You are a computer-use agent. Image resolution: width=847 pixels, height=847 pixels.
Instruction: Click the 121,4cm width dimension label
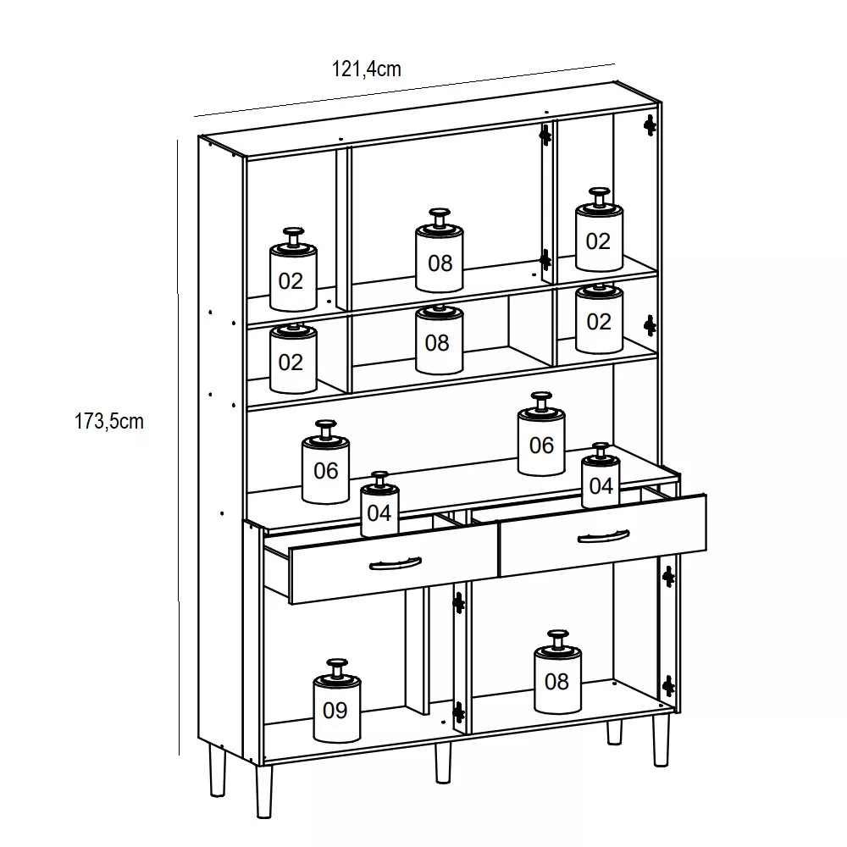pos(366,69)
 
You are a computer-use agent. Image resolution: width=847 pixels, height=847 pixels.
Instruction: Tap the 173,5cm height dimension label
pos(109,421)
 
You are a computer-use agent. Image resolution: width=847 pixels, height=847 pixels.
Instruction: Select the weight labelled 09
pos(336,700)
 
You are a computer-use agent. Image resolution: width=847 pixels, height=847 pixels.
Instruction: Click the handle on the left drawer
pos(396,563)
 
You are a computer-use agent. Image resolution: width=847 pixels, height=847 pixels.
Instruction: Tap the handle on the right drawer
pos(603,536)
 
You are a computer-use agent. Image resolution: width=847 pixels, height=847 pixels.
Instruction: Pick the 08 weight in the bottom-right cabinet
pos(557,672)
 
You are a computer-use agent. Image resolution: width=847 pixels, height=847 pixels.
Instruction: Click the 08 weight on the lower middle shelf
pos(439,340)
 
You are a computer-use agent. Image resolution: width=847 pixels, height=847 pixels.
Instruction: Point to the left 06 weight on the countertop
pos(325,462)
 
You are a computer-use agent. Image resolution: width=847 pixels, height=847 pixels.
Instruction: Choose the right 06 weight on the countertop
pos(541,435)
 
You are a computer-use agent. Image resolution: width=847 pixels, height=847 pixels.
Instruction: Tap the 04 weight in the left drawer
pos(379,504)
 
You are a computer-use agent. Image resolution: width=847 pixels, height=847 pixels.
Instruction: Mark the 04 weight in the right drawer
pos(601,475)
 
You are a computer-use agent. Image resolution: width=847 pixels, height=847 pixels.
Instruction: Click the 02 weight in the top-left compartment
pos(293,269)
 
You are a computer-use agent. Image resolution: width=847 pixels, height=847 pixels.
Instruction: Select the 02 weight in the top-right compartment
pos(599,230)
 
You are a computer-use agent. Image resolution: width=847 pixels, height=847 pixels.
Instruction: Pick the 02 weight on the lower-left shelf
pos(293,358)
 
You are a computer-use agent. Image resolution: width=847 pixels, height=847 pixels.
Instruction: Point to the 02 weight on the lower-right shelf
pos(599,318)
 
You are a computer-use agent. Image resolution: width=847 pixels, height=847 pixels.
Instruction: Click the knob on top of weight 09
pos(337,667)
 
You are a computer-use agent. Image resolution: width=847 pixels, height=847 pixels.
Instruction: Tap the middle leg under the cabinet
pos(443,763)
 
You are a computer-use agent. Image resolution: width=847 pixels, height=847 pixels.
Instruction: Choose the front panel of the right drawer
pos(603,535)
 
